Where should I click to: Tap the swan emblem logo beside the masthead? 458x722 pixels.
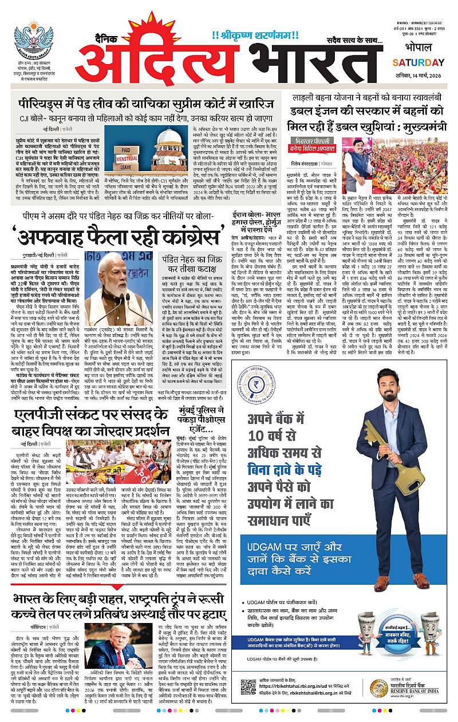pos(33,41)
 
